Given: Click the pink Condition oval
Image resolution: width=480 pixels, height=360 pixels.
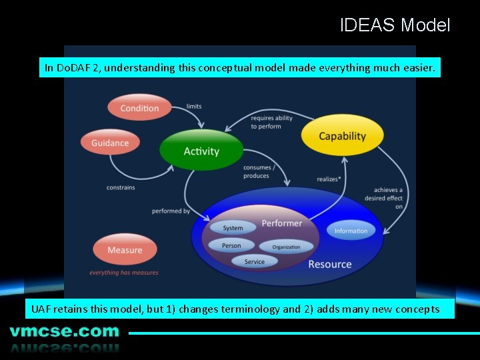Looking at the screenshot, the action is click(139, 108).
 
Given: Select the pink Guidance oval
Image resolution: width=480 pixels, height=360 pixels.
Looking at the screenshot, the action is click(110, 143).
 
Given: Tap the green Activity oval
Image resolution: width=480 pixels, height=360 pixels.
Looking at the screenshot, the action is click(201, 151).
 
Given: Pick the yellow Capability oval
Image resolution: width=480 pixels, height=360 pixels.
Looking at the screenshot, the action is click(342, 136).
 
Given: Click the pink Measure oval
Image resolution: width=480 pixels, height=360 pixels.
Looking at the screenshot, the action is click(125, 250).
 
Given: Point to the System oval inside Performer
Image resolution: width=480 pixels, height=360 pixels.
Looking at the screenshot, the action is click(233, 228).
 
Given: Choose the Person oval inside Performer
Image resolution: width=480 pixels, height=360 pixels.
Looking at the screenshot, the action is click(231, 245).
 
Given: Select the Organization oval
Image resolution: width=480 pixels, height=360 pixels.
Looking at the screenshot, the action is click(286, 247).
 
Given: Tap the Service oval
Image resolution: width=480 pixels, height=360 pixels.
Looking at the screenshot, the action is click(254, 261).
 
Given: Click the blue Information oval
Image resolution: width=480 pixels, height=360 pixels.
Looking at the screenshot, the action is click(351, 231).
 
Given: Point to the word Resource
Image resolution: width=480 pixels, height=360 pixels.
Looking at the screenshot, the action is click(329, 264).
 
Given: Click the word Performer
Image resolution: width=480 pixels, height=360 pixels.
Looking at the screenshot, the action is click(281, 223).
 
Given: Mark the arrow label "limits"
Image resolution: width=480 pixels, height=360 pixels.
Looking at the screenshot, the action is click(194, 106).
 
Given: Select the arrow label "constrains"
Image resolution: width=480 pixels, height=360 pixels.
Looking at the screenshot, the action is click(121, 187).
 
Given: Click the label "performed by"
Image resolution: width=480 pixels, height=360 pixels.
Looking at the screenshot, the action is click(171, 211).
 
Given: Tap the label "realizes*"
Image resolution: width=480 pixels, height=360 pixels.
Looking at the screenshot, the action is click(329, 179).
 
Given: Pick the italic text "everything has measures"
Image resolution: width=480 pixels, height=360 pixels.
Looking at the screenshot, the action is click(124, 272).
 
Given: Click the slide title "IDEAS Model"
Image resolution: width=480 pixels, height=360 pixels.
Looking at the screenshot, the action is click(395, 25).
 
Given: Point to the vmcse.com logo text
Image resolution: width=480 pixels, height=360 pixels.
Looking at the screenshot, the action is click(64, 331).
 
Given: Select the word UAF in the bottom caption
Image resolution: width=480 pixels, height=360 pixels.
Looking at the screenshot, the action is click(41, 309).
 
